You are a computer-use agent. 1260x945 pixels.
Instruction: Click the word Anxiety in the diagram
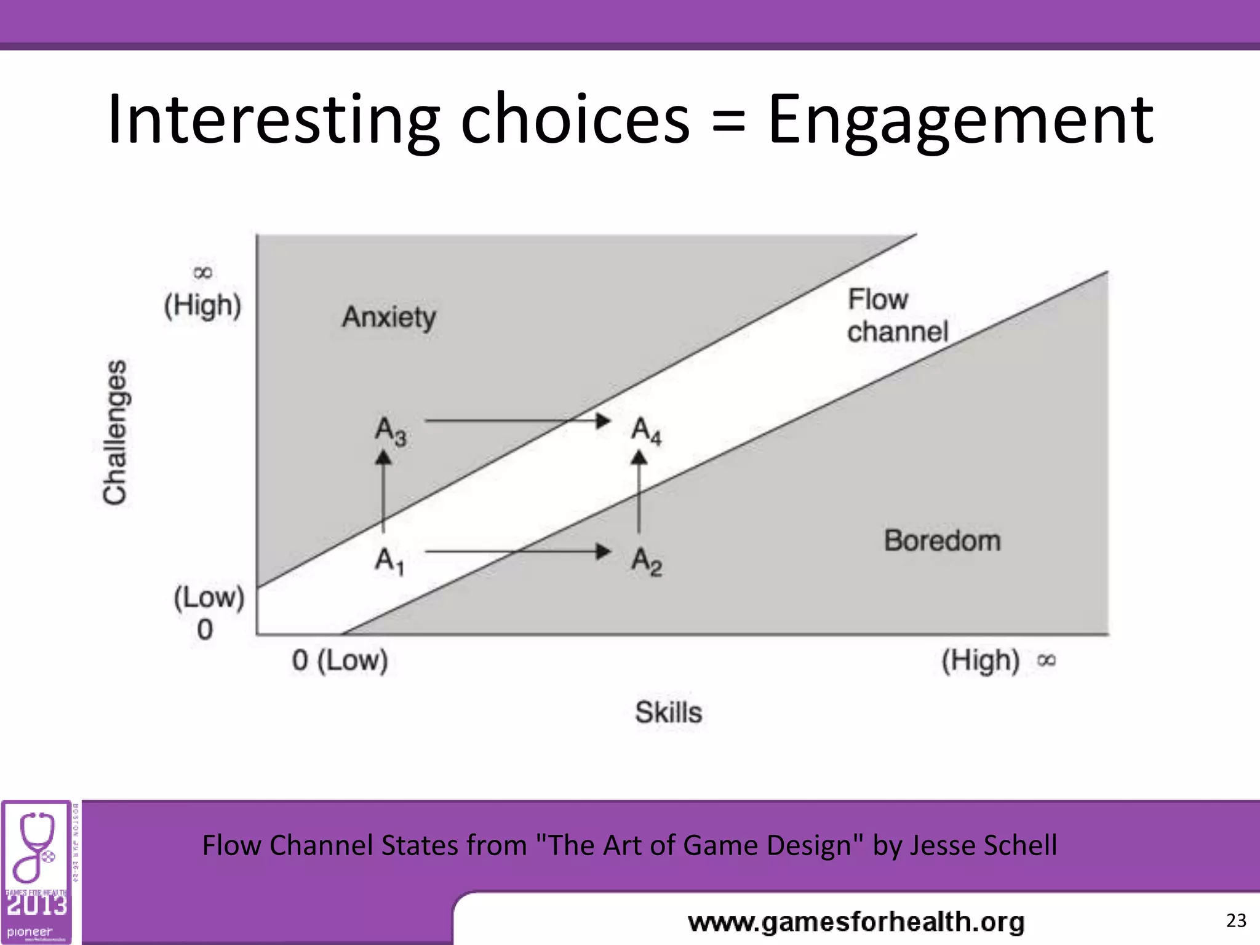(389, 317)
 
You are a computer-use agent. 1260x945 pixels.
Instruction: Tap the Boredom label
(942, 541)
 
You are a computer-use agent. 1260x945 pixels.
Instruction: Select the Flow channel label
(896, 316)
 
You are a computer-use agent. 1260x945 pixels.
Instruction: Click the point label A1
(389, 561)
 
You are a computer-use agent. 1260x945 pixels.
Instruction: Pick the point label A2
(646, 561)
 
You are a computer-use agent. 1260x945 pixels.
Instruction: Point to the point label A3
(390, 431)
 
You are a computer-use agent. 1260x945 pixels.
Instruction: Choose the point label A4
(646, 430)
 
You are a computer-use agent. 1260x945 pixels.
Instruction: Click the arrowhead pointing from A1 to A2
(603, 551)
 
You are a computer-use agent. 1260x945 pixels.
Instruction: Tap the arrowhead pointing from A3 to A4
(603, 421)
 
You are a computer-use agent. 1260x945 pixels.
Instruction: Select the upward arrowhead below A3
(383, 458)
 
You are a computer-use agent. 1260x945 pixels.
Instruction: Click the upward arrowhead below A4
(639, 458)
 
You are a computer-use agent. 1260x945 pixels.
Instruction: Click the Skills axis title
(668, 712)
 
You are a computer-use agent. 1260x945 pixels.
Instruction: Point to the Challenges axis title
(115, 432)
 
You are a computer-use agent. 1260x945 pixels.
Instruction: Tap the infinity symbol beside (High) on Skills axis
(1046, 661)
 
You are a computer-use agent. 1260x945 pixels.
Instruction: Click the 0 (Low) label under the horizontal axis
(340, 661)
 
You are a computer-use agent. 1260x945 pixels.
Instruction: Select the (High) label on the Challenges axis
(202, 306)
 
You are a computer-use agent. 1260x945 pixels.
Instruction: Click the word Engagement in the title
(960, 119)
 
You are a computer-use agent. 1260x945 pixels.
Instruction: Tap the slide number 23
(1236, 920)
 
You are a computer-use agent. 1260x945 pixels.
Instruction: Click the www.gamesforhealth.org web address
(856, 922)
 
